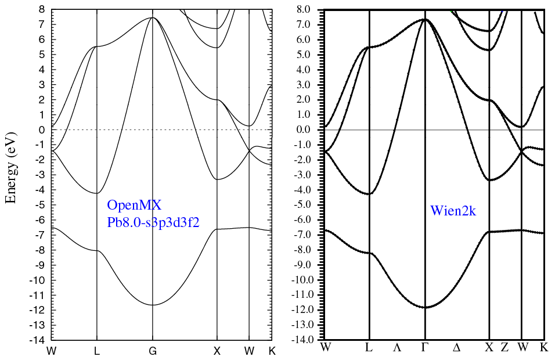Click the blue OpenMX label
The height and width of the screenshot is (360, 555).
[134, 205]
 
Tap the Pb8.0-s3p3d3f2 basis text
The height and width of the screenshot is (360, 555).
[153, 223]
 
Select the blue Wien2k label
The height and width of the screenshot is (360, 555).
[453, 211]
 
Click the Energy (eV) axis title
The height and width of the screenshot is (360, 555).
[10, 167]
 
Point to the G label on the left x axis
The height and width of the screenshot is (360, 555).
[153, 351]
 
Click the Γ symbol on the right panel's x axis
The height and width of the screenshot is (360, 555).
[425, 348]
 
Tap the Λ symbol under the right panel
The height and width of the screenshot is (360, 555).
[397, 348]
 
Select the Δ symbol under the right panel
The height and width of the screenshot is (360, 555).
[457, 348]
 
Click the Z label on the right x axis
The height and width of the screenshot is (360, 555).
[504, 348]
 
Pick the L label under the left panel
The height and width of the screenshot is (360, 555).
[96, 351]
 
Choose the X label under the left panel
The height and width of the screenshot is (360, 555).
[217, 351]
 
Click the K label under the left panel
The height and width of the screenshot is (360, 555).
[271, 351]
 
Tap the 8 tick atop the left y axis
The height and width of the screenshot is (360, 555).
[44, 10]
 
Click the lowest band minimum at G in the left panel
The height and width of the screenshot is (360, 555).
[153, 305]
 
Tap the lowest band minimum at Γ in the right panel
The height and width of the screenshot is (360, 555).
[425, 307]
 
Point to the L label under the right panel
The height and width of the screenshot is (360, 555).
[369, 348]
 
